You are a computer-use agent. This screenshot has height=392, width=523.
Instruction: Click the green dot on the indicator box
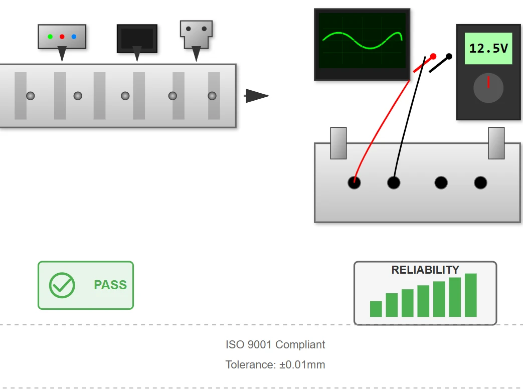click(x=50, y=37)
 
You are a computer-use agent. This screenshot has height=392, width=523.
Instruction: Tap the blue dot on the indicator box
click(x=74, y=37)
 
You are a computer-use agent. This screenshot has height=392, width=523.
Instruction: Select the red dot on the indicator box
click(x=62, y=37)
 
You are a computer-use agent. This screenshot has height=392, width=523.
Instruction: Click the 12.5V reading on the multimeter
click(x=488, y=48)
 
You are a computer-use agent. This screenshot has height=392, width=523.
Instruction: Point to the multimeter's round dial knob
click(x=488, y=88)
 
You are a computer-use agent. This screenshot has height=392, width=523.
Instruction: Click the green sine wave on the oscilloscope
click(x=362, y=40)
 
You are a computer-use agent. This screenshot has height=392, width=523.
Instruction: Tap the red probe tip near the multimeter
click(x=433, y=56)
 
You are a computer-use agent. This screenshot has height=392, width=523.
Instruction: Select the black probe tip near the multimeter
click(x=449, y=56)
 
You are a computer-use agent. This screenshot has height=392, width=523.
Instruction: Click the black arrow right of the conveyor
click(x=257, y=96)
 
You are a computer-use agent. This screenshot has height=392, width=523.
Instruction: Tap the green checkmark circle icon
click(x=62, y=285)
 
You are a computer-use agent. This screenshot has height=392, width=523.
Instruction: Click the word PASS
click(x=110, y=285)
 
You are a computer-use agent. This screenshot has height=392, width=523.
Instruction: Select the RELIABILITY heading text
click(x=425, y=270)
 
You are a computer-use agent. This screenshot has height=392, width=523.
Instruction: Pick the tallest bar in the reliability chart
click(x=471, y=295)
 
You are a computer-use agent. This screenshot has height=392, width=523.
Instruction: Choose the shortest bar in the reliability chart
click(x=376, y=309)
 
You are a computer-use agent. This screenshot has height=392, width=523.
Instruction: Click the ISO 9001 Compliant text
click(x=275, y=345)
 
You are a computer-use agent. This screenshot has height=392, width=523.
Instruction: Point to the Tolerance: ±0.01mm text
click(x=275, y=364)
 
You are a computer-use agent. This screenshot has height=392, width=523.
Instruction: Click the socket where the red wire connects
click(x=354, y=182)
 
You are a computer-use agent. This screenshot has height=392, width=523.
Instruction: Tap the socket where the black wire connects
click(x=394, y=182)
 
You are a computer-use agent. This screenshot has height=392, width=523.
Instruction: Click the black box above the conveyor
click(x=137, y=39)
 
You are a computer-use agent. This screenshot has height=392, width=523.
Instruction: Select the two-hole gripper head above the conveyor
click(x=196, y=35)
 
